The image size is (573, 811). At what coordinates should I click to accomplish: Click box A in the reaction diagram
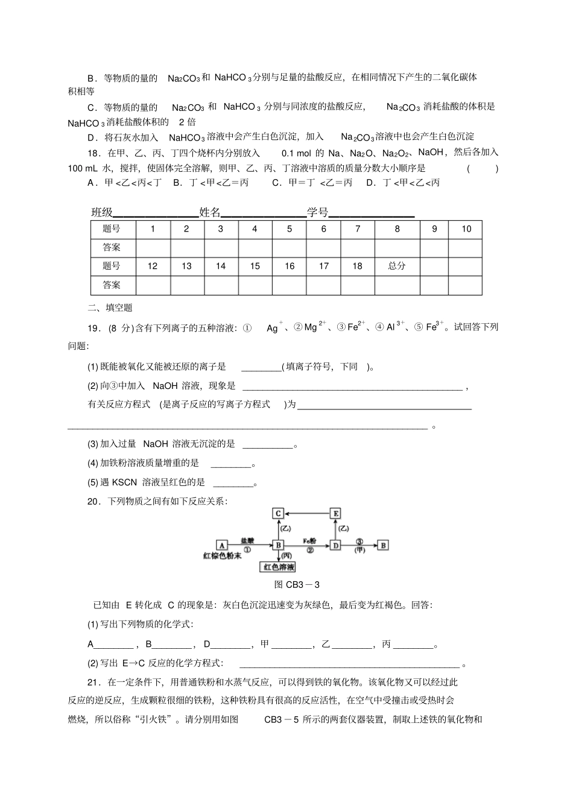[221, 545]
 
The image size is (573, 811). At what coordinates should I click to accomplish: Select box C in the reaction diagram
[278, 514]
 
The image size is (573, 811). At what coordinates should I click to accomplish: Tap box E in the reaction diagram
[335, 514]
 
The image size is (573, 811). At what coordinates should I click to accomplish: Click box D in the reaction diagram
[335, 545]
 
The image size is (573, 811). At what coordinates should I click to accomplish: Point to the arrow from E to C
[306, 514]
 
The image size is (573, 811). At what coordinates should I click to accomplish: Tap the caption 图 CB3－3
[297, 584]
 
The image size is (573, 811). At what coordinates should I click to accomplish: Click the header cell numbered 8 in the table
[397, 229]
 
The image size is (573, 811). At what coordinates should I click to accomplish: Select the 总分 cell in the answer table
[397, 266]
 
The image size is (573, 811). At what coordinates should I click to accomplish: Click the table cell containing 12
[153, 266]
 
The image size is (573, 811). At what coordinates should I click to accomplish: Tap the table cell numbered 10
[466, 229]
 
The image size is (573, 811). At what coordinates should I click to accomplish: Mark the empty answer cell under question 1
[153, 248]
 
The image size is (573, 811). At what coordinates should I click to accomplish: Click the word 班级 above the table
[102, 212]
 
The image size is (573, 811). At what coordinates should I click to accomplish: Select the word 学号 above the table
[317, 212]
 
